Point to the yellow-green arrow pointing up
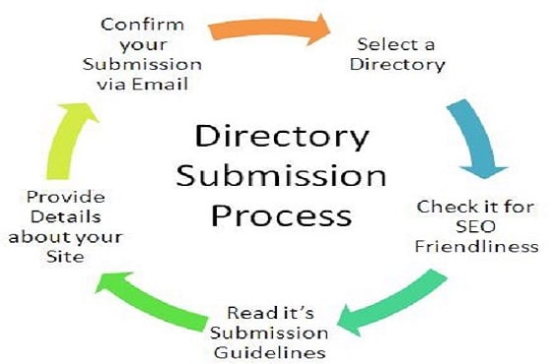pos(69,141)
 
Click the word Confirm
pos(142,25)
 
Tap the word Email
pos(160,85)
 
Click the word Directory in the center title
pos(282,137)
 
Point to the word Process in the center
pos(282,215)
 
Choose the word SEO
pos(475,226)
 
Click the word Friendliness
pos(477,246)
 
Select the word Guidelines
pos(270,352)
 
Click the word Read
pos(247,313)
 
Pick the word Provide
pos(66,197)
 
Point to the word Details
pos(66,216)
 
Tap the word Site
pos(65,257)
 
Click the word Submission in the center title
pos(281,176)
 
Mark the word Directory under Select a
pos(397,65)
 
